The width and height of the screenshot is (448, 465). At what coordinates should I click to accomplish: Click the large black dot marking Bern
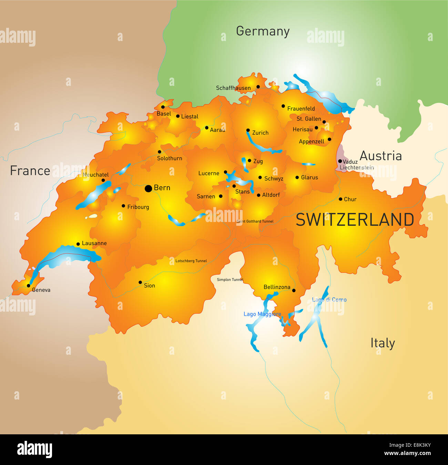point(148,188)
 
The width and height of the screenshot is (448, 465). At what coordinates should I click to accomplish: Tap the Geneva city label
point(41,290)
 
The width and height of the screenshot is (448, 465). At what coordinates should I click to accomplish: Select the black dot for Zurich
point(248,130)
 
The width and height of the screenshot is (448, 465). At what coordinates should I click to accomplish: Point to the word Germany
point(263,31)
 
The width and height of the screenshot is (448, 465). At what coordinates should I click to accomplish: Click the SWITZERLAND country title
point(355,220)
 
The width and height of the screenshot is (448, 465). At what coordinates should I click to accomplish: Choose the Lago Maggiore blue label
point(262,314)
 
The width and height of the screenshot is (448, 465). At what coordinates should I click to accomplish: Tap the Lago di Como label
point(329,300)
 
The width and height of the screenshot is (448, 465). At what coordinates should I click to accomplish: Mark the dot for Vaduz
point(340,161)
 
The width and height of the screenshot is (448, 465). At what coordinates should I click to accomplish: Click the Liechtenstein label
point(357,168)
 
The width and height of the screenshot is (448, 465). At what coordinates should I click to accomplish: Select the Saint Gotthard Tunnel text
point(255,221)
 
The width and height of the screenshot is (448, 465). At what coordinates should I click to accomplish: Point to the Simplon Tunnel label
point(230,280)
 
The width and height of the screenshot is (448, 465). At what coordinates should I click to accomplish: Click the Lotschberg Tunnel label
point(191,261)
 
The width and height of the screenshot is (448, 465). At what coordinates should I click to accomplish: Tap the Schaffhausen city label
point(233,88)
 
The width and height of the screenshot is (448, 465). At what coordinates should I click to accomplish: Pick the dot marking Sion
point(140,282)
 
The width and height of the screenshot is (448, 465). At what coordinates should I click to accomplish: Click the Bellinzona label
point(277,287)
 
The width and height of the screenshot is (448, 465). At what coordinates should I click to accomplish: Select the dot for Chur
point(340,199)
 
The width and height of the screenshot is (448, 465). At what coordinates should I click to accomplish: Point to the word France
point(30,171)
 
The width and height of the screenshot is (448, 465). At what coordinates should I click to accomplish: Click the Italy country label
point(383,343)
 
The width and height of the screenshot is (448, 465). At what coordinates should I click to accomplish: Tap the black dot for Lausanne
point(78,244)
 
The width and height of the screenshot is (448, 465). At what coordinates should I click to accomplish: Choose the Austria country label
point(380,156)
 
